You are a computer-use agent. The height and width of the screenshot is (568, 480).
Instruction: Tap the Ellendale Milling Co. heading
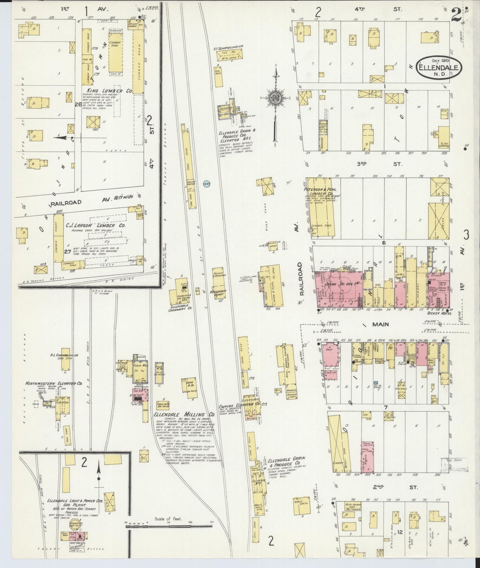point(184,415)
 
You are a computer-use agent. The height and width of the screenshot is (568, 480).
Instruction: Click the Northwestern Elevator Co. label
point(54,383)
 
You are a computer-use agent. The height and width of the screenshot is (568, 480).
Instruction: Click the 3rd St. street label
point(394,164)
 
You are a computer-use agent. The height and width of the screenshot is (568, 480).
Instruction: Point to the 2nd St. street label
point(394,487)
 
